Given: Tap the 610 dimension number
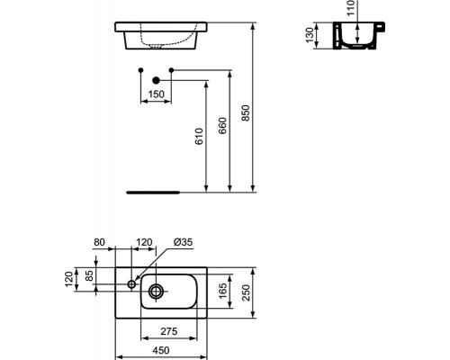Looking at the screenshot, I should point(200,134).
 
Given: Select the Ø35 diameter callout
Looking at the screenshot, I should point(182,241).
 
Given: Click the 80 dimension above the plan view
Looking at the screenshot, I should point(99,241).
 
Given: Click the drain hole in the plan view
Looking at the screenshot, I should point(157,290).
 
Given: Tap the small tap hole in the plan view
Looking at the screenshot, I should point(131,284).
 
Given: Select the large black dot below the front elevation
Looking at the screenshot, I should point(155,81).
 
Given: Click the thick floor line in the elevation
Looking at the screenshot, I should point(153,192).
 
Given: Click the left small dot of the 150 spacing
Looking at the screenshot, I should point(139,69).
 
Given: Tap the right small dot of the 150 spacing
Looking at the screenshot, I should point(170,69).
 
